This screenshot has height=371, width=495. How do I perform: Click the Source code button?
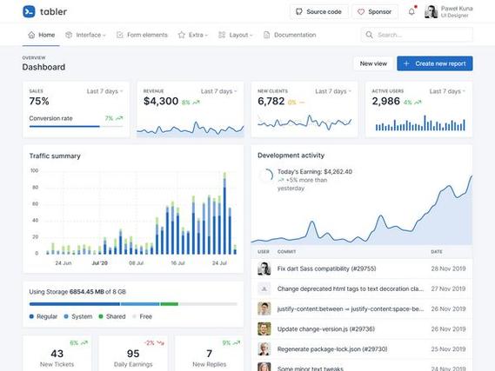[x=318, y=11]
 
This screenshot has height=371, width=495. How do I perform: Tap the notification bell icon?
[x=411, y=11]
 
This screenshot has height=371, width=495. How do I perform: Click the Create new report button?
[x=434, y=63]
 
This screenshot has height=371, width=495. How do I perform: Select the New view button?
[x=373, y=63]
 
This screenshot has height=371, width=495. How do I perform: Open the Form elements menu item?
[x=143, y=35]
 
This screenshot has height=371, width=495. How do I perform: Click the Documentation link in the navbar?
[x=290, y=35]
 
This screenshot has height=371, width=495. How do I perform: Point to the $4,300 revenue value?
[x=161, y=102]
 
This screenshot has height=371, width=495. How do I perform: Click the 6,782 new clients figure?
[x=271, y=102]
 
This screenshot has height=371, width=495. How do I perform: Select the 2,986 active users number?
[x=385, y=102]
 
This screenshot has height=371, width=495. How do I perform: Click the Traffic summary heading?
[x=55, y=156]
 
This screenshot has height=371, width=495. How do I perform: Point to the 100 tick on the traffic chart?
[x=35, y=171]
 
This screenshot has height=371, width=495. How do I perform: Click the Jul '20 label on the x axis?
[x=99, y=262]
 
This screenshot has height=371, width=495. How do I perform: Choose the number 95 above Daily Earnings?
[x=133, y=353]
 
